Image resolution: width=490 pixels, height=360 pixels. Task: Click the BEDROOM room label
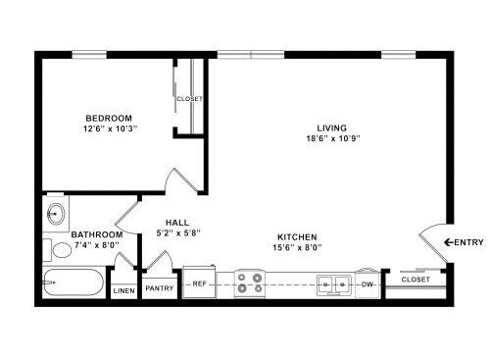tap(109, 118)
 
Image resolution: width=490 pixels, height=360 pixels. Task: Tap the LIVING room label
tap(332, 128)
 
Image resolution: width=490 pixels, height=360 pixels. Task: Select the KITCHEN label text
tap(297, 236)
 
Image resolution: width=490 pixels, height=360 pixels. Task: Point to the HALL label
tap(177, 223)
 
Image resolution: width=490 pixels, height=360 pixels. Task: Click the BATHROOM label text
tap(97, 234)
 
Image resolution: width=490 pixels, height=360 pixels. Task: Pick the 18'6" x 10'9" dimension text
tap(333, 138)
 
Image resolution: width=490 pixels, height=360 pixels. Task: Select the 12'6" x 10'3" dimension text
tap(110, 129)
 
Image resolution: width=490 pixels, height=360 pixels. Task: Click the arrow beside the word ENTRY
tap(449, 242)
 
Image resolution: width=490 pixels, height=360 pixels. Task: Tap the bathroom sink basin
tap(56, 214)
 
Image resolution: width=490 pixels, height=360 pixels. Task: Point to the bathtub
tap(73, 283)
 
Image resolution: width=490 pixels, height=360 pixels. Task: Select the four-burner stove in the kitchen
tap(250, 283)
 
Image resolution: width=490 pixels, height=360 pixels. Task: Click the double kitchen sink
tap(334, 285)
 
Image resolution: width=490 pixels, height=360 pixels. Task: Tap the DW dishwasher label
tap(367, 284)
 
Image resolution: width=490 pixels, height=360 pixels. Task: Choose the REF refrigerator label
tap(199, 283)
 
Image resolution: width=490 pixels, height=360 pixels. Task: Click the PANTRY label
tap(160, 288)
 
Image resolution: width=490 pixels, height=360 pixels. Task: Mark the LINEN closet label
tap(124, 290)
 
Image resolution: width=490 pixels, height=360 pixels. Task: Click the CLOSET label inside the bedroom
tap(189, 98)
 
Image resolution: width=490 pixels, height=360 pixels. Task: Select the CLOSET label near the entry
tap(416, 280)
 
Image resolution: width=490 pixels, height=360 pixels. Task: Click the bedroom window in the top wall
tap(89, 55)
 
